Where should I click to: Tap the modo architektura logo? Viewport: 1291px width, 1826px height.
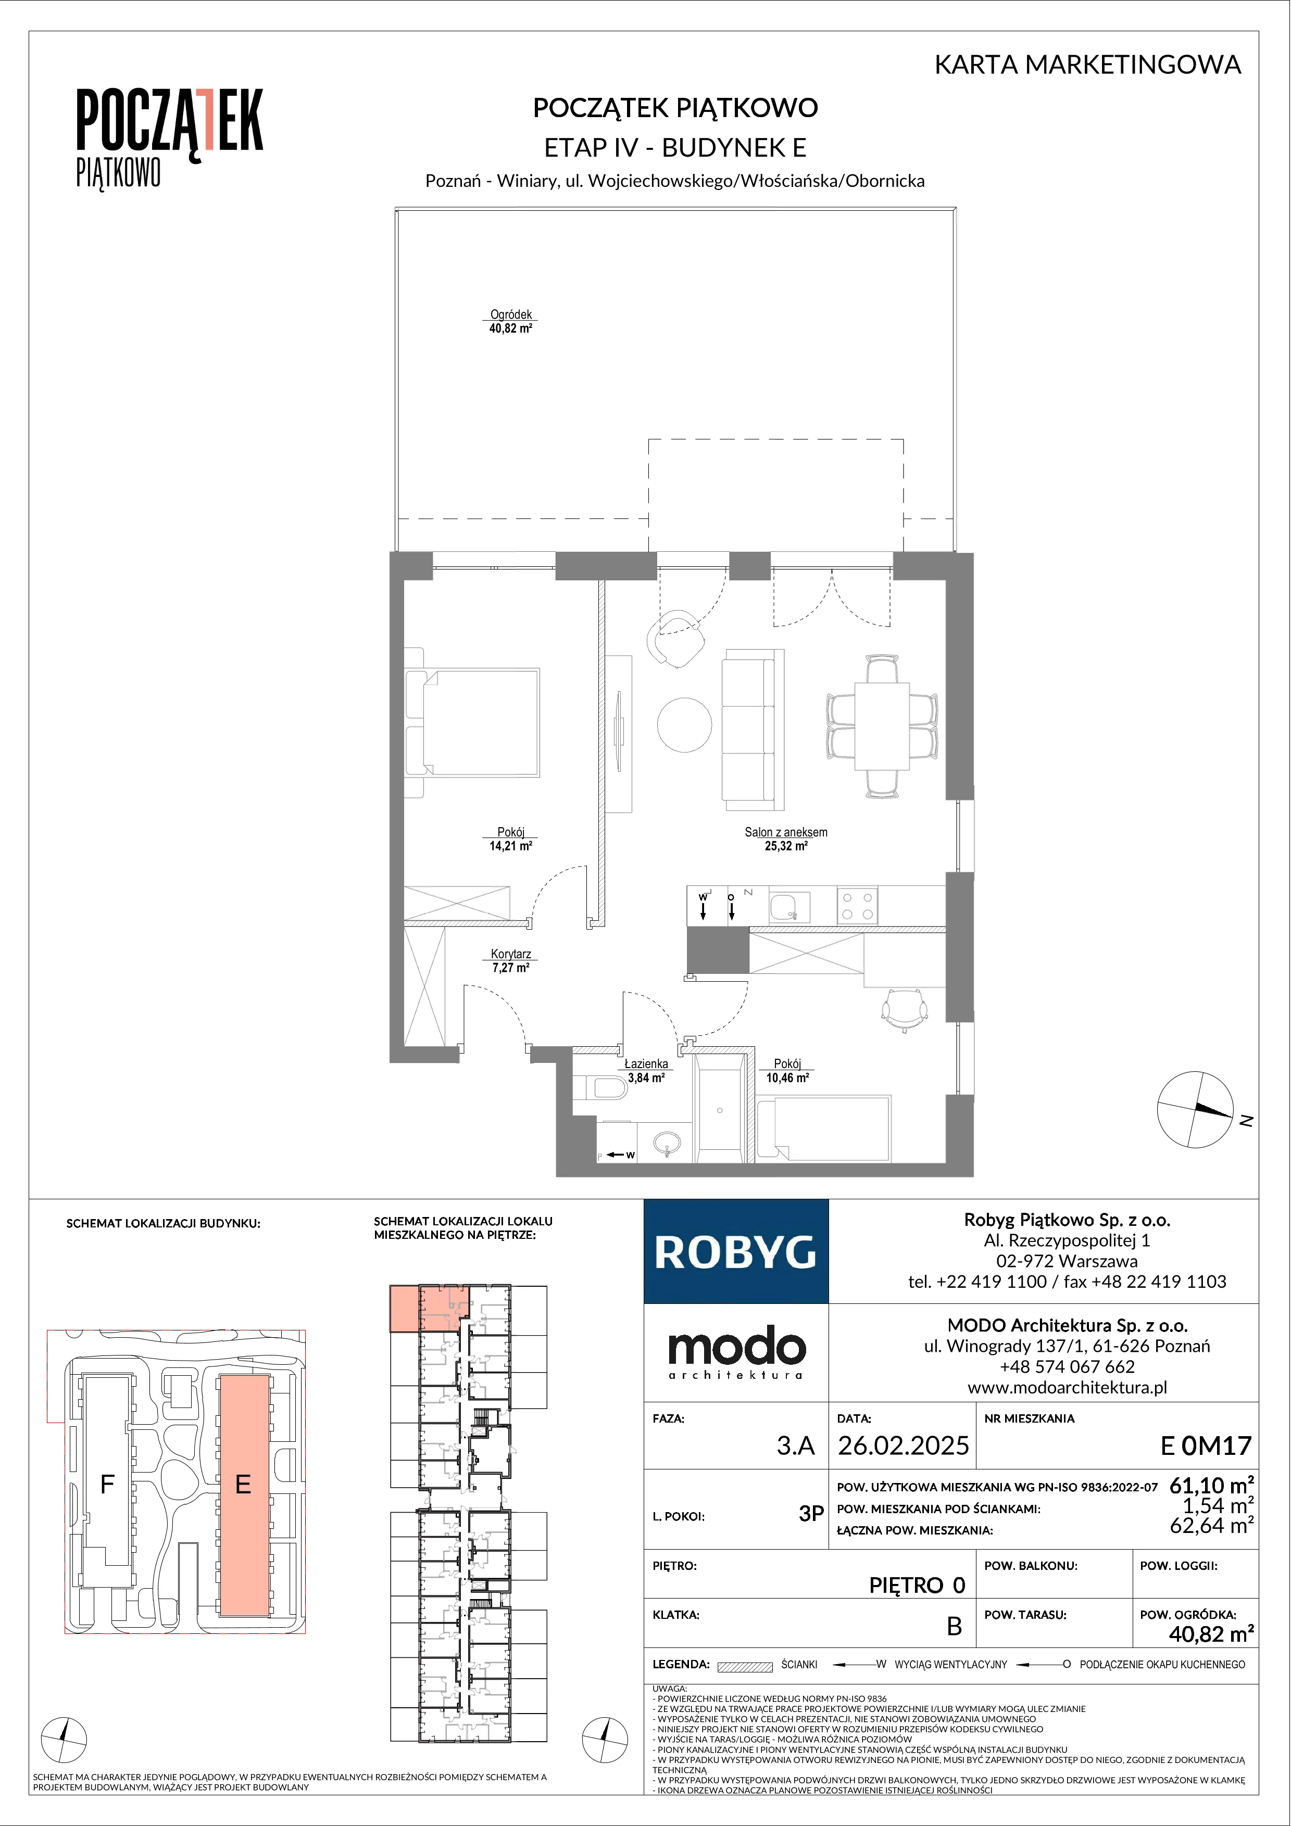[736, 1352]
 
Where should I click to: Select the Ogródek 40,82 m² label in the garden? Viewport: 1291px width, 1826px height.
[511, 321]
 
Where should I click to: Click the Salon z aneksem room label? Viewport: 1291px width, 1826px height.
[786, 839]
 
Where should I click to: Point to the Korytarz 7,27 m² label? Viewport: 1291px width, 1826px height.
[511, 961]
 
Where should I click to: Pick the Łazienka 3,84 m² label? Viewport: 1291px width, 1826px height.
[646, 1071]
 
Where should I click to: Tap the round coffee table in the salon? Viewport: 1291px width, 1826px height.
[684, 724]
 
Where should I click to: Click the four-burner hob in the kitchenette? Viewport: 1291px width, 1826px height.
[857, 905]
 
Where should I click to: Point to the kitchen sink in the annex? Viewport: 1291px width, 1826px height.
[789, 906]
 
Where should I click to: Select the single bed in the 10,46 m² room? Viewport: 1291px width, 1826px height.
[823, 1128]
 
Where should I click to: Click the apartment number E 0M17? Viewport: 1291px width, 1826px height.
[1206, 1445]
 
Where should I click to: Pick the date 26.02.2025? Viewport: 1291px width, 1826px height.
[904, 1445]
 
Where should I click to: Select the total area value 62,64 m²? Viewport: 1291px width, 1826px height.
[1211, 1525]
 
